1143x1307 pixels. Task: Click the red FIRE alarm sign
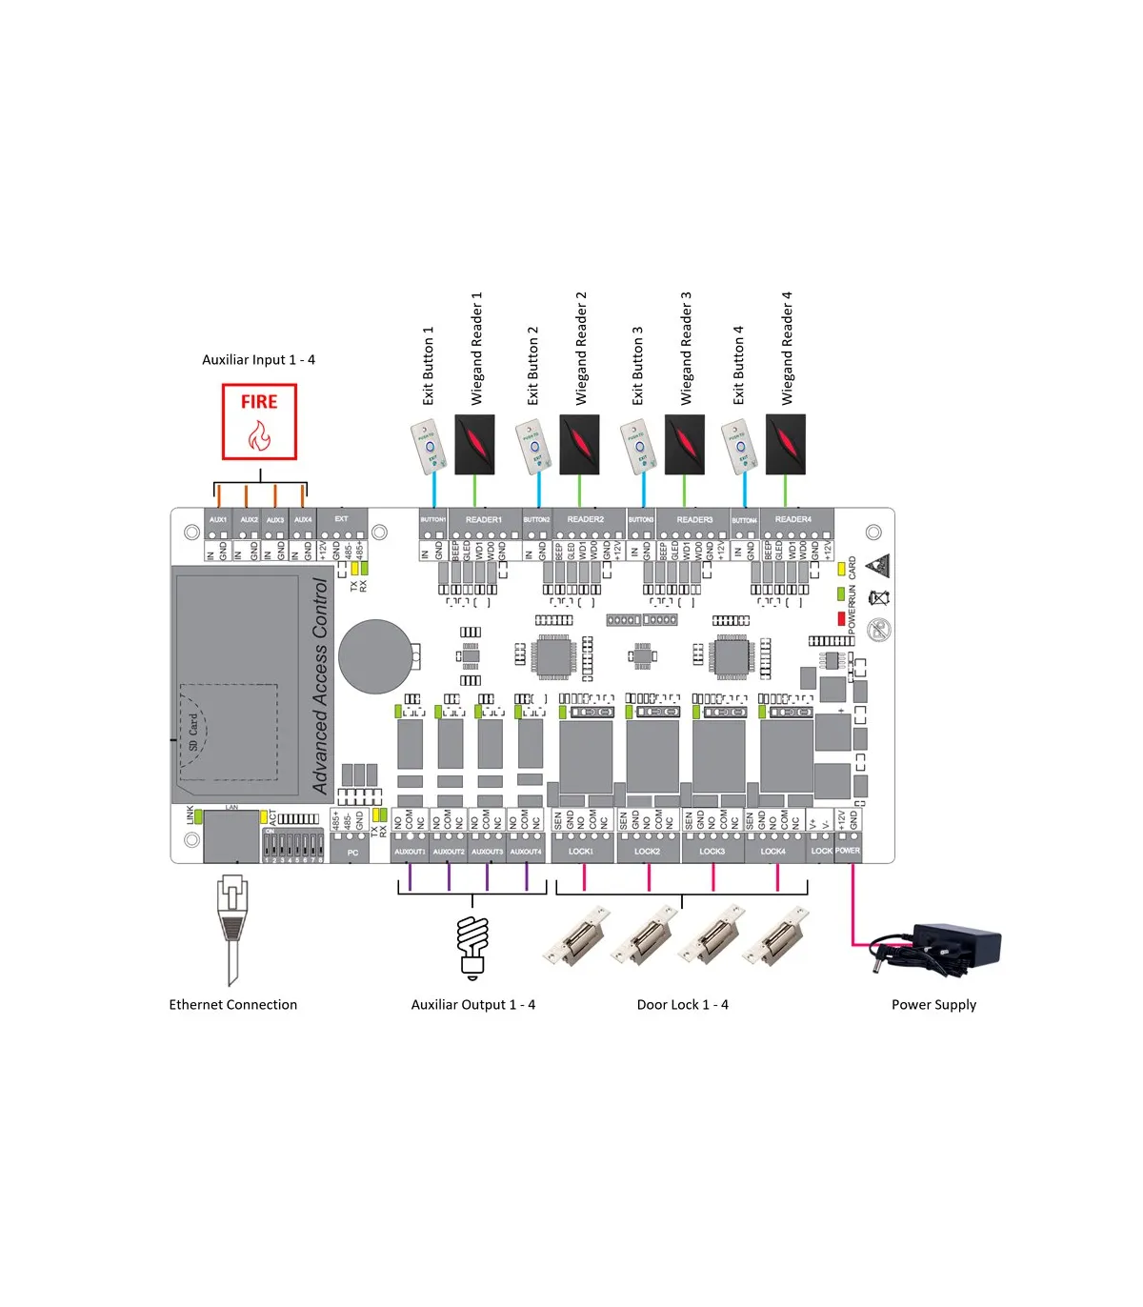(259, 421)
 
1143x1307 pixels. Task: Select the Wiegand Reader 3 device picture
(684, 444)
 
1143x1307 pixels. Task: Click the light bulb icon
(472, 947)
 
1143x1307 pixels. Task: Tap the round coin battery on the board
(374, 656)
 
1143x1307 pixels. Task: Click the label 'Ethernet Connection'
(232, 1005)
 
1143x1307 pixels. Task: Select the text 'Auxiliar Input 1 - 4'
(258, 360)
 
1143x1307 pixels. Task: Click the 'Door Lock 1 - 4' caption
(682, 1005)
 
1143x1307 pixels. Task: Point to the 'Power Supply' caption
(933, 1005)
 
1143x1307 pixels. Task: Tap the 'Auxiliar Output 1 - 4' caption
(472, 1005)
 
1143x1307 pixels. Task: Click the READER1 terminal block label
(484, 520)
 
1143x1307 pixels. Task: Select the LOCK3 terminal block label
(712, 852)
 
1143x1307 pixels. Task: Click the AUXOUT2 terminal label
(449, 852)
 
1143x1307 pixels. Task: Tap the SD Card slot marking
(194, 732)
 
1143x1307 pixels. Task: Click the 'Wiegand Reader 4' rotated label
(787, 348)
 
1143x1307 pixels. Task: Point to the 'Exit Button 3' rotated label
(637, 365)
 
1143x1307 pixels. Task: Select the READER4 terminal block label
(792, 520)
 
